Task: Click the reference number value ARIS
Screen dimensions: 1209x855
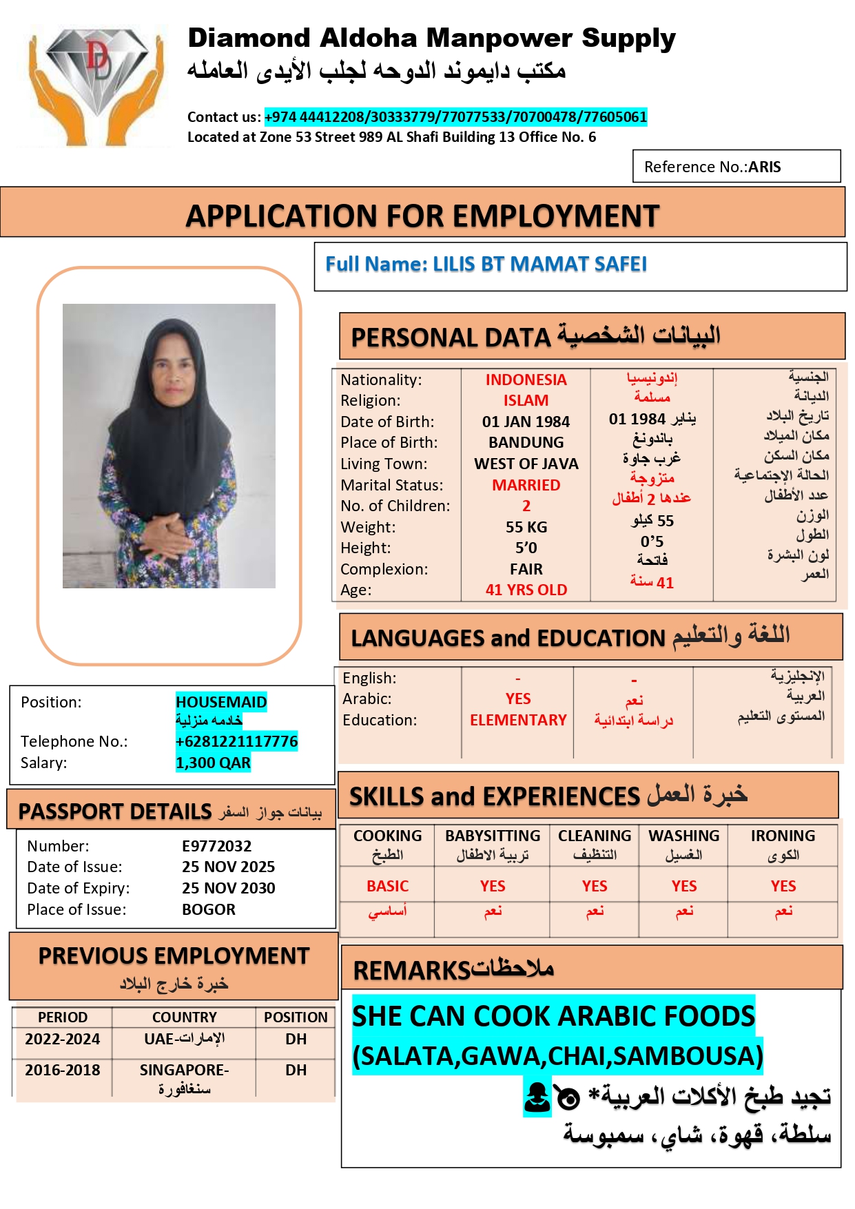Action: coord(764,167)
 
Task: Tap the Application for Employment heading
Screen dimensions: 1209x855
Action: coord(422,216)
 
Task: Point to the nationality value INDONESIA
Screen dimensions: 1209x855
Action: coord(526,380)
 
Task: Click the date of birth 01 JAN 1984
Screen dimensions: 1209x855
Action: coord(526,422)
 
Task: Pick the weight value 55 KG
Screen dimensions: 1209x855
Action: coord(526,527)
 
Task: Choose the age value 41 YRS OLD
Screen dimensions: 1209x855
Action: coord(526,590)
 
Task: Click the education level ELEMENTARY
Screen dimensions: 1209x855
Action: coord(518,720)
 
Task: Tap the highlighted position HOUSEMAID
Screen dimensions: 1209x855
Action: coord(221,702)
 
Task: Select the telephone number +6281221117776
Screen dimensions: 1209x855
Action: coord(236,741)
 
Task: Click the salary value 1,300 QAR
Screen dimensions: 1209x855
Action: coord(213,763)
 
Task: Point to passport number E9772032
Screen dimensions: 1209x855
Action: coord(216,846)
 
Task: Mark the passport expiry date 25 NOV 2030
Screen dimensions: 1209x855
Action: coord(228,888)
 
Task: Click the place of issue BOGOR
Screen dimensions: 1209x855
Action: coord(208,909)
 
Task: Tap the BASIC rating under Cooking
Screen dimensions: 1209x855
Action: coord(387,886)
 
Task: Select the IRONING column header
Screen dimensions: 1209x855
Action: coord(783,836)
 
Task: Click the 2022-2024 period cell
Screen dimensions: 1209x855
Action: coord(63,1039)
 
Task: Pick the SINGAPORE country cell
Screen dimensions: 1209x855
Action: coord(184,1071)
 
